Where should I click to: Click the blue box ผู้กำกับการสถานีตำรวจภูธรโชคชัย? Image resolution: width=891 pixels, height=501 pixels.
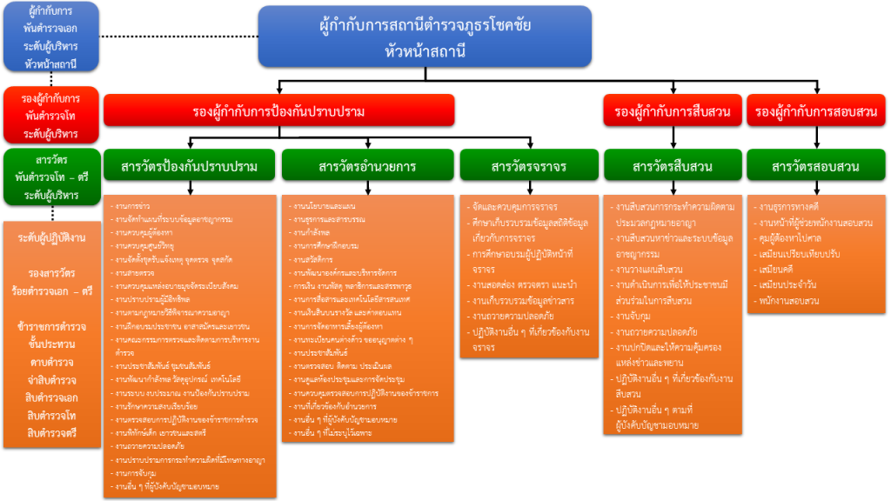(425, 26)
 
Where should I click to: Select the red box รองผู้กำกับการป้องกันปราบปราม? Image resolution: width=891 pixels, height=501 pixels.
(278, 111)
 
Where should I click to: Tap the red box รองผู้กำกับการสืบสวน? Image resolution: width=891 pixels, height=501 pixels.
(672, 111)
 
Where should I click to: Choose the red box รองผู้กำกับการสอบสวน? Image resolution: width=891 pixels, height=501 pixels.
(816, 111)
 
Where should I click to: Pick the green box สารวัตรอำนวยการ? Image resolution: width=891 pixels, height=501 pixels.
(367, 166)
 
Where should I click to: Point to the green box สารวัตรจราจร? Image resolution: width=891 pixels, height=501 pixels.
(528, 166)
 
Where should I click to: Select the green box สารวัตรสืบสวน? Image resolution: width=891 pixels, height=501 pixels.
(673, 166)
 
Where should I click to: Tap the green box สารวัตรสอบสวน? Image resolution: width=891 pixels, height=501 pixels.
(816, 166)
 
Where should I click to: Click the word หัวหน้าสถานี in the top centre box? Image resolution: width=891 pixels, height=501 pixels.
(425, 51)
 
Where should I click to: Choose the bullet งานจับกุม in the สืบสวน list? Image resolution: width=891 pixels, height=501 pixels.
(640, 316)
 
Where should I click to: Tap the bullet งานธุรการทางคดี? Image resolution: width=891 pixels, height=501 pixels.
(792, 207)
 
